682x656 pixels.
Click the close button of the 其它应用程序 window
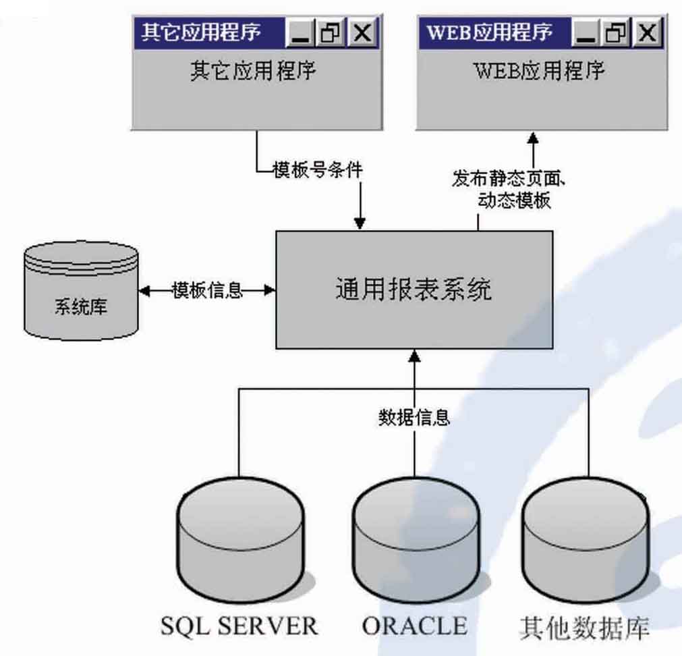click(362, 33)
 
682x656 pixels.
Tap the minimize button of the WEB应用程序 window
click(587, 33)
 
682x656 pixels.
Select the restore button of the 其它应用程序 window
click(332, 33)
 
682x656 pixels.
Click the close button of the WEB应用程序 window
click(648, 33)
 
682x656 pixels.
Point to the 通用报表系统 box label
click(414, 290)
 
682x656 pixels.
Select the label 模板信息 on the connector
click(206, 290)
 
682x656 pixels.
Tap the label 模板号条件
click(317, 170)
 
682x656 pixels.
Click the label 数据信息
click(414, 417)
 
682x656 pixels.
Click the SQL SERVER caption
click(239, 626)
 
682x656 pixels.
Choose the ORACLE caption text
click(414, 626)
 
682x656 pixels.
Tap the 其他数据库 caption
click(585, 627)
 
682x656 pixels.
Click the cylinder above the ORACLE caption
click(414, 540)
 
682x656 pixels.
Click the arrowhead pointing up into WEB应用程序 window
click(533, 137)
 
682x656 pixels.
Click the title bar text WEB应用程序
click(490, 32)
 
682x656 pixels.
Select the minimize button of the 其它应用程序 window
click(301, 33)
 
